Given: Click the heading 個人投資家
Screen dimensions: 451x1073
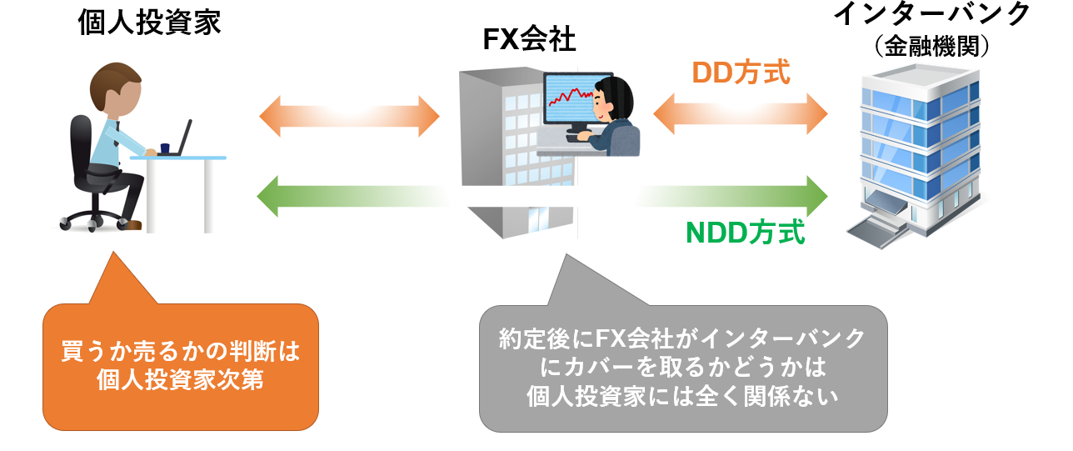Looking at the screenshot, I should pyautogui.click(x=149, y=23).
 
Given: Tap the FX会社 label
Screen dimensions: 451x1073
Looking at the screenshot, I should pyautogui.click(x=529, y=39).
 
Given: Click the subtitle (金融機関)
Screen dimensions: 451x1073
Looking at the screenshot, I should pyautogui.click(x=932, y=46).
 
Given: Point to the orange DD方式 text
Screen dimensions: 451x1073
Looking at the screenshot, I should pyautogui.click(x=741, y=73).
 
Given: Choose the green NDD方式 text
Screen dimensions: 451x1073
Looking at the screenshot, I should pyautogui.click(x=746, y=233).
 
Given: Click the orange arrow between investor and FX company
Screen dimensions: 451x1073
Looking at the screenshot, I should pyautogui.click(x=349, y=115).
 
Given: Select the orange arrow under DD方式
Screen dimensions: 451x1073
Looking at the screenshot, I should pyautogui.click(x=741, y=113).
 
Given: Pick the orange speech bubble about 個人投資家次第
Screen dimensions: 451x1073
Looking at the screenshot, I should pyautogui.click(x=181, y=367).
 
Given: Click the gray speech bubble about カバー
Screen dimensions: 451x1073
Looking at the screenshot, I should pyautogui.click(x=682, y=368).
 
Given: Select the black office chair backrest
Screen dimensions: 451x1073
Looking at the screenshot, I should pyautogui.click(x=82, y=142).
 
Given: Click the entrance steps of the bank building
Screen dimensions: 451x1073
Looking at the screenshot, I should pyautogui.click(x=872, y=226).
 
